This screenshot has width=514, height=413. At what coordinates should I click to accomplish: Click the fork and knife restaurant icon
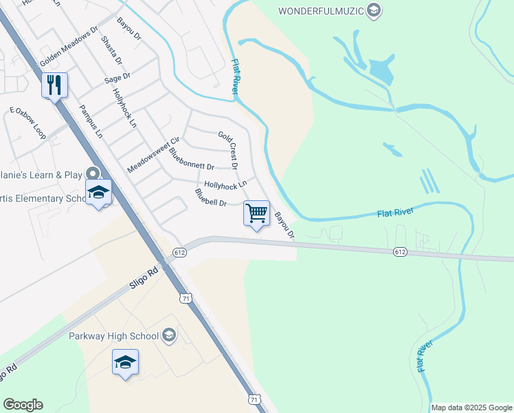(54, 85)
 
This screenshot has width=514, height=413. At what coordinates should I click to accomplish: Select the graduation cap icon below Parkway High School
(125, 362)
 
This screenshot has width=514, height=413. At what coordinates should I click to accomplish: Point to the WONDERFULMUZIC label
(321, 10)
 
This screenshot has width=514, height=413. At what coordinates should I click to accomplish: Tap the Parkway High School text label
(113, 336)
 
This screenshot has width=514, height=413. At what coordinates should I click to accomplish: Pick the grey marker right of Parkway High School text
(168, 336)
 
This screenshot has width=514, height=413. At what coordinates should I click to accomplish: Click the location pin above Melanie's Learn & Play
(93, 174)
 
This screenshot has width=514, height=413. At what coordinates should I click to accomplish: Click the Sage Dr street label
(118, 78)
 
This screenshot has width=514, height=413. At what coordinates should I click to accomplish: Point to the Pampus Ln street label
(90, 118)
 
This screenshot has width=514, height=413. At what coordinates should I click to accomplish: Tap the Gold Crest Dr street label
(228, 150)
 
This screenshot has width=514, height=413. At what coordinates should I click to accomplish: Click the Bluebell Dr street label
(210, 198)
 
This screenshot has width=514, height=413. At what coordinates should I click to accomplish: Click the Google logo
(23, 405)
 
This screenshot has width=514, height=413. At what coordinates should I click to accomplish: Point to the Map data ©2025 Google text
(471, 407)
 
